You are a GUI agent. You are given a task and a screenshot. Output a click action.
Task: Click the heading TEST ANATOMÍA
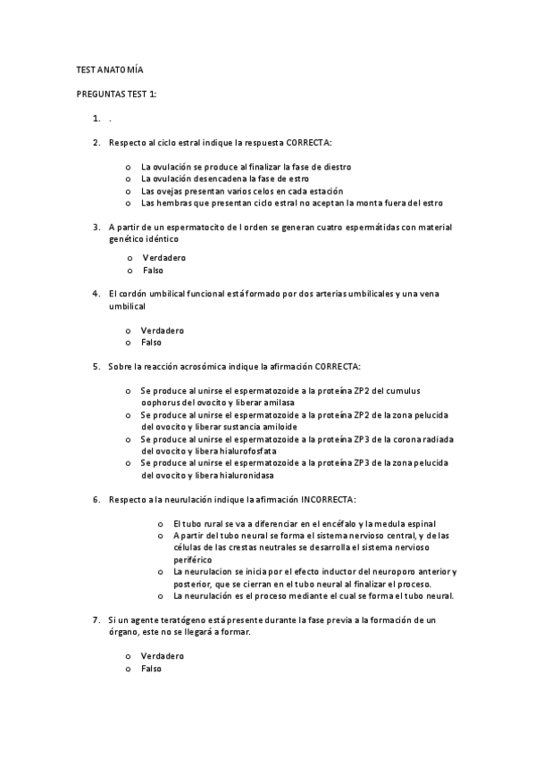pyautogui.click(x=109, y=70)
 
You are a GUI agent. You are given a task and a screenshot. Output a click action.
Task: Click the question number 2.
pyautogui.click(x=96, y=142)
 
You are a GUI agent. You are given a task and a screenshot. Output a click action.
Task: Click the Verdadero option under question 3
pyautogui.click(x=164, y=258)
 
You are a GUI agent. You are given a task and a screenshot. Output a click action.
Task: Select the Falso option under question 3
pyautogui.click(x=154, y=270)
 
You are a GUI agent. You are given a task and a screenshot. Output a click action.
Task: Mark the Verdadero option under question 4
pyautogui.click(x=163, y=330)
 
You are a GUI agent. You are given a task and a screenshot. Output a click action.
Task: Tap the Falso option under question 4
pyautogui.click(x=151, y=343)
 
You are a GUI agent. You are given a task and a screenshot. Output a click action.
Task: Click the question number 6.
pyautogui.click(x=96, y=499)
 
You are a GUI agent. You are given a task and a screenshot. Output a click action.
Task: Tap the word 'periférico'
pyautogui.click(x=193, y=559)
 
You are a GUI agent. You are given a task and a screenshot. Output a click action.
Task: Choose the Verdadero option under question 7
pyautogui.click(x=163, y=656)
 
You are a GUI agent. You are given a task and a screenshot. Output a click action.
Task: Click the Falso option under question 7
pyautogui.click(x=151, y=668)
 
